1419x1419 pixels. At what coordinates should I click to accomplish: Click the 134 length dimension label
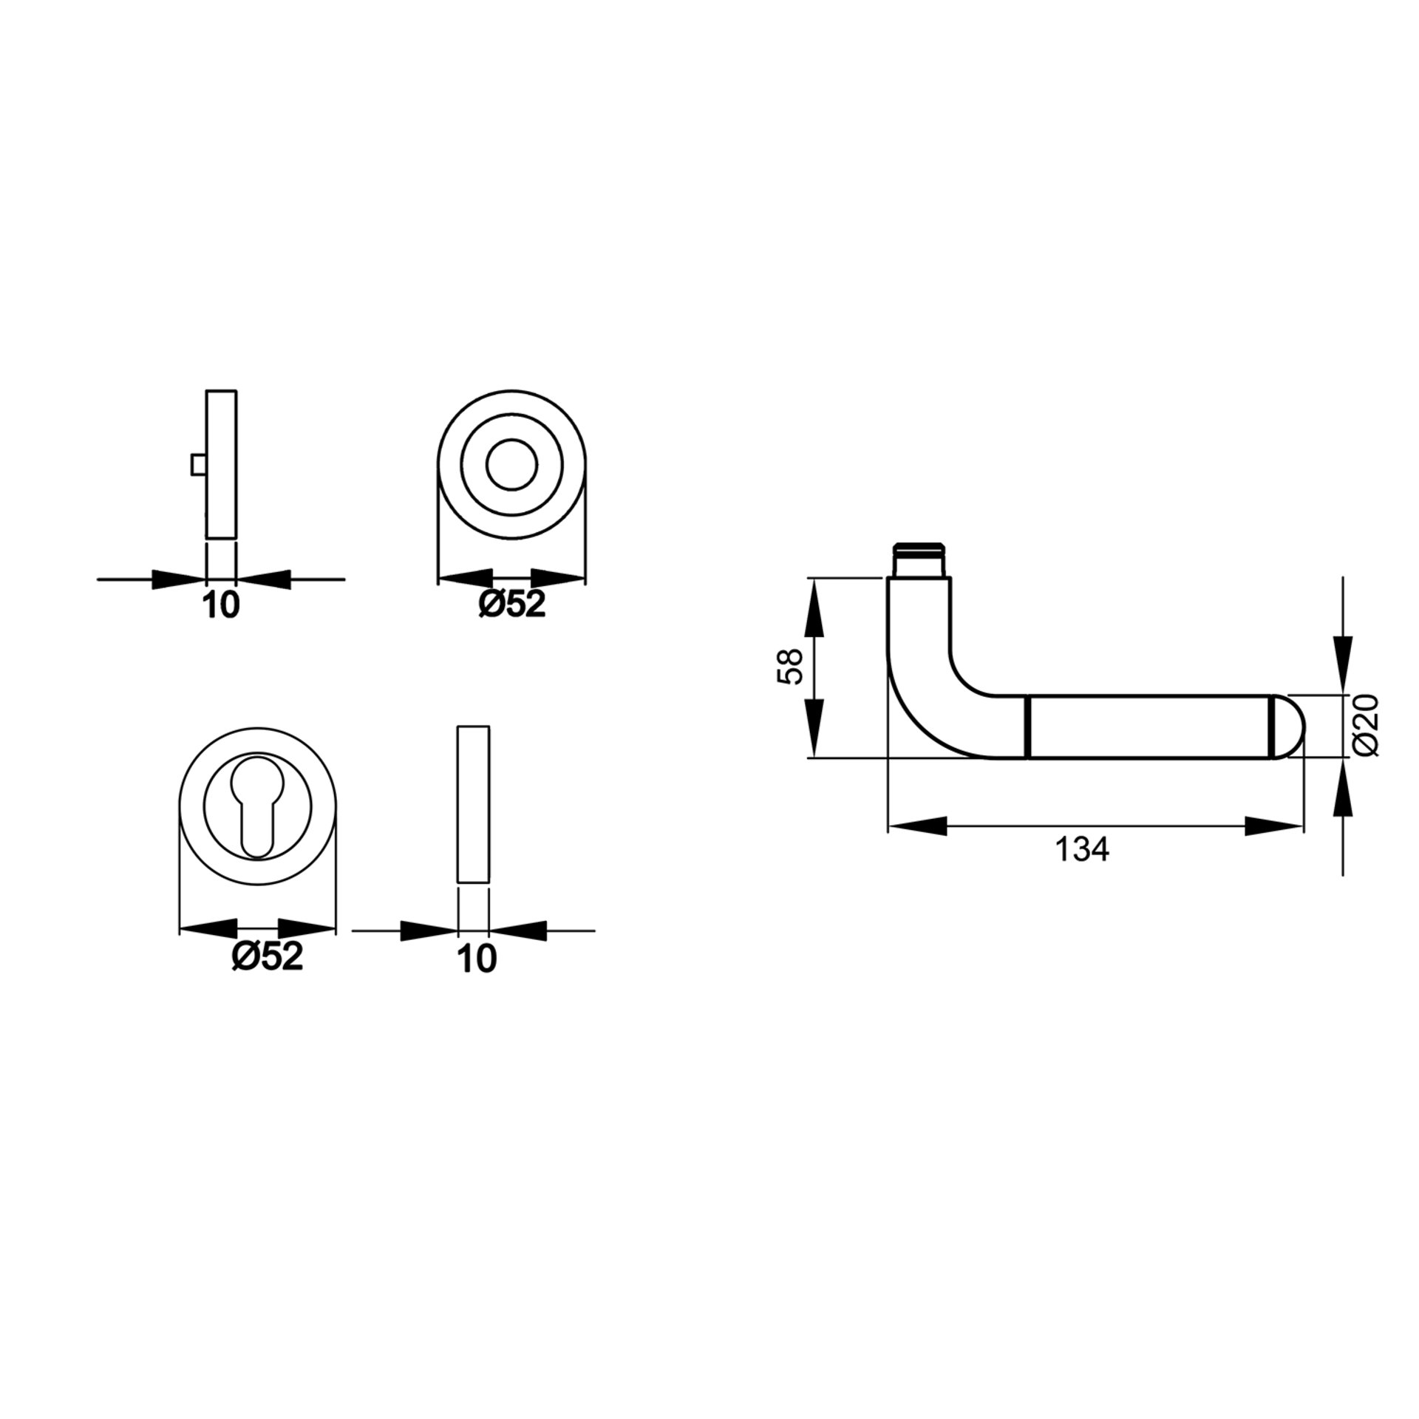(x=1081, y=851)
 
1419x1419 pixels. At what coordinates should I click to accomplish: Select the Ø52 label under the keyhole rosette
(x=268, y=957)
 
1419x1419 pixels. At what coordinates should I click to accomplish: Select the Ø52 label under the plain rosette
(x=511, y=605)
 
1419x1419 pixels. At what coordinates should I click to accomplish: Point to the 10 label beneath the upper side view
(x=221, y=605)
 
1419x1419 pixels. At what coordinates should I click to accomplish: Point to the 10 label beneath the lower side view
(x=477, y=959)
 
